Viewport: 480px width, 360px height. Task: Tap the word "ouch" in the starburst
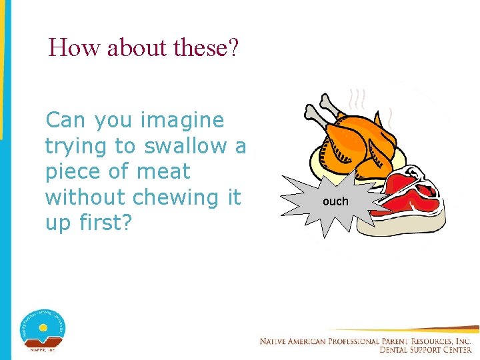[335, 201]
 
